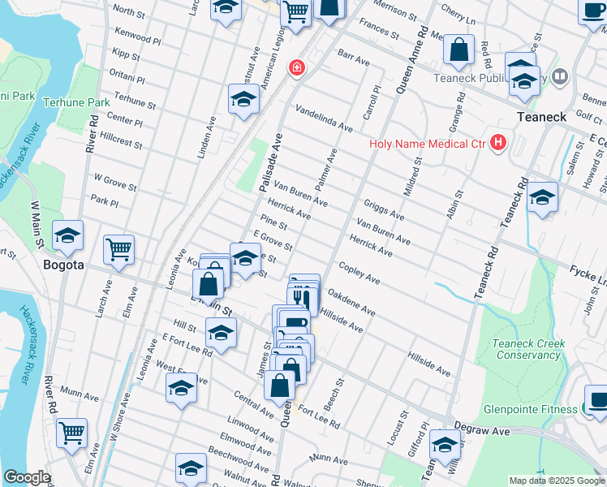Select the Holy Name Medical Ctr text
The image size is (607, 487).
click(x=427, y=144)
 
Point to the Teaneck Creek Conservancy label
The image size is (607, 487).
click(x=528, y=349)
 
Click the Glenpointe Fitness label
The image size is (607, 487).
click(x=529, y=409)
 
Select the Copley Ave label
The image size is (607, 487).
click(x=359, y=274)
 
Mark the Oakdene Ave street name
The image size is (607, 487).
click(x=351, y=305)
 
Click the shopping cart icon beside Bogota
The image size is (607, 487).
click(x=118, y=251)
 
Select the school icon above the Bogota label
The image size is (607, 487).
click(x=68, y=236)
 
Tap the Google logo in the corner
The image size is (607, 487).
click(x=27, y=477)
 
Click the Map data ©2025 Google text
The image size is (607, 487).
click(x=556, y=481)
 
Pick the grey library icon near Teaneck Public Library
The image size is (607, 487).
click(x=559, y=77)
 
